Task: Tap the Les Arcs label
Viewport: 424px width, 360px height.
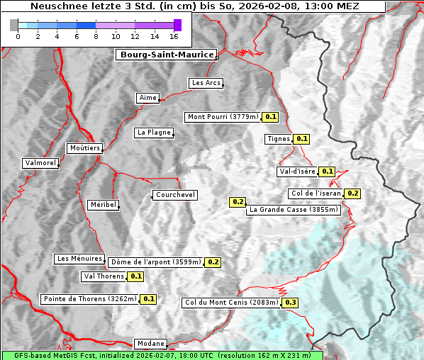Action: (x=206, y=83)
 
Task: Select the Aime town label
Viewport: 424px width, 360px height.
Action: (x=147, y=98)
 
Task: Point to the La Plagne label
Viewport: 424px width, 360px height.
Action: (x=154, y=133)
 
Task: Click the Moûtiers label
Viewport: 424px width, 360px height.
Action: (x=84, y=148)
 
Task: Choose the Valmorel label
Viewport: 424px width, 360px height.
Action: (x=40, y=163)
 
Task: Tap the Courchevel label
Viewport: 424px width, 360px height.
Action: (x=174, y=195)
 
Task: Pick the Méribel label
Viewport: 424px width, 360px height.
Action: (x=103, y=205)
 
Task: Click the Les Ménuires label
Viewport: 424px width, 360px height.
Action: (x=80, y=259)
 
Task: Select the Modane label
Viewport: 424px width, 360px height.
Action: (x=150, y=343)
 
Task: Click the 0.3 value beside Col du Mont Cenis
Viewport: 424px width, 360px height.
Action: (x=290, y=303)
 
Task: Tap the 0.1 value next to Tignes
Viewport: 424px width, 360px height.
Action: (x=301, y=139)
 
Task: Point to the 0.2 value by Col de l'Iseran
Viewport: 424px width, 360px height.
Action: (x=352, y=193)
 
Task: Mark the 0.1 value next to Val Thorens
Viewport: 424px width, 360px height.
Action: (x=135, y=276)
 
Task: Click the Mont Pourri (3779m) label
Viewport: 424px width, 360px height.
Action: (x=223, y=117)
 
